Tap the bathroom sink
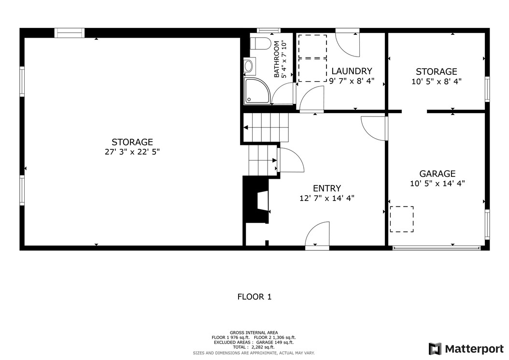click(x=249, y=66)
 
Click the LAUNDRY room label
click(x=351, y=71)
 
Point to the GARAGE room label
click(x=437, y=173)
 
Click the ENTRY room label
click(x=327, y=188)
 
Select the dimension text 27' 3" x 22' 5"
click(x=132, y=152)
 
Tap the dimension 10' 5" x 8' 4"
click(x=436, y=82)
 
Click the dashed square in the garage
click(x=401, y=218)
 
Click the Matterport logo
click(x=466, y=349)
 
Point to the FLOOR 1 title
click(x=254, y=297)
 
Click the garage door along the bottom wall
click(x=437, y=248)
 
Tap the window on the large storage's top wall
click(x=69, y=33)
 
